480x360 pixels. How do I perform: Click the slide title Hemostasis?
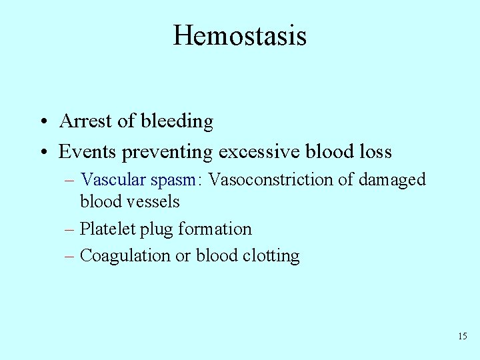pos(239,35)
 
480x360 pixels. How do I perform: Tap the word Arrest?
pos(82,121)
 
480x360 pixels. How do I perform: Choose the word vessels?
pos(155,200)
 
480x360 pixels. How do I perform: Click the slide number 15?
pos(463,336)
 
